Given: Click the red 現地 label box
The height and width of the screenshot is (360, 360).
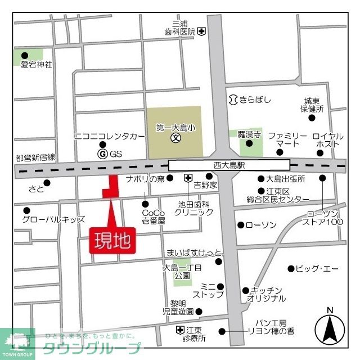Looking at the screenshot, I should (112, 240).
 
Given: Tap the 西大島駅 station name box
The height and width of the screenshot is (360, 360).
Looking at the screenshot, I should (229, 165).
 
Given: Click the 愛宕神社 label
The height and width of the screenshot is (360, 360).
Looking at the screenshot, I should (36, 65).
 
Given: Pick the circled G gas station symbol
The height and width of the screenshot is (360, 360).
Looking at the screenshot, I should (102, 154).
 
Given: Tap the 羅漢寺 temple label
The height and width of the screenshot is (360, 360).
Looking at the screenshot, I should (248, 134).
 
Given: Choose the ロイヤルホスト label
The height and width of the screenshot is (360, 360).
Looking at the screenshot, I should (327, 141).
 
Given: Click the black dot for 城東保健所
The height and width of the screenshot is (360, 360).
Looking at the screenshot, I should (312, 118).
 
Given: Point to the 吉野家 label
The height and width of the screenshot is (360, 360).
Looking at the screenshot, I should (206, 184).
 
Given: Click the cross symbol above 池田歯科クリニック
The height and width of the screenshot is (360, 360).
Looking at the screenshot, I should (188, 179).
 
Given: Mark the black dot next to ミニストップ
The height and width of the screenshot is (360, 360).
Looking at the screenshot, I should (220, 286).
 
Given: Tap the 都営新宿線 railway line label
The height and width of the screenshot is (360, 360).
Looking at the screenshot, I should (35, 157).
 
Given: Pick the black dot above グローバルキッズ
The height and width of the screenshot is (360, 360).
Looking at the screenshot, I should (26, 210).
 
